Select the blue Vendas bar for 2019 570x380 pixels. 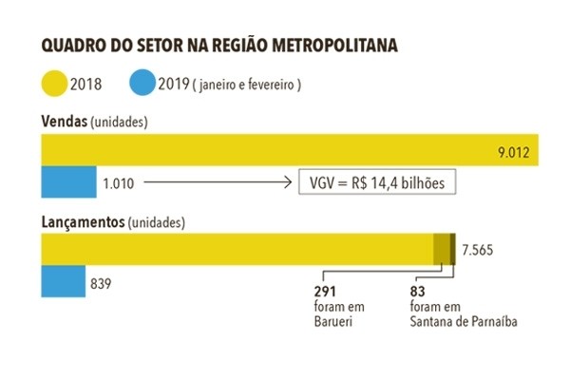68,180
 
